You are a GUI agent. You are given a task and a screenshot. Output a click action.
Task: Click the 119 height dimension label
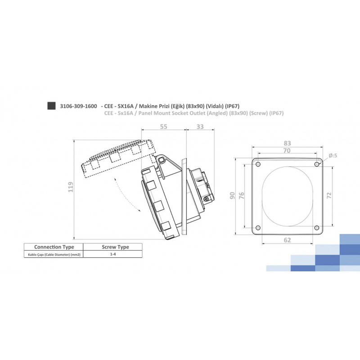pyautogui.click(x=71, y=187)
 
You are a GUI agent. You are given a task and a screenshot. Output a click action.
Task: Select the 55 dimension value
pyautogui.click(x=163, y=127)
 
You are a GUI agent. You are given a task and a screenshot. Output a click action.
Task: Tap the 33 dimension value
pyautogui.click(x=200, y=127)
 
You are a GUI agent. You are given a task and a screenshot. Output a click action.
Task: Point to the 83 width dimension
pyautogui.click(x=287, y=143)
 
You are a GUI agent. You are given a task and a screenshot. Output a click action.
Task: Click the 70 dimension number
pyautogui.click(x=287, y=151)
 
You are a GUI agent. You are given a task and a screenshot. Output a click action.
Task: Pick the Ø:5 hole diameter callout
pyautogui.click(x=333, y=156)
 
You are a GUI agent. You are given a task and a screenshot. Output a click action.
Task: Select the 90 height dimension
pyautogui.click(x=232, y=196)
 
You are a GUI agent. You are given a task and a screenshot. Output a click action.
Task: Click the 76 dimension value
pyautogui.click(x=241, y=196)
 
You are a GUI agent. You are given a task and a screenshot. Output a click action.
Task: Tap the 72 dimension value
pyautogui.click(x=329, y=196)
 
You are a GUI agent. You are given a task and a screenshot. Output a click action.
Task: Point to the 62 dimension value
pyautogui.click(x=287, y=240)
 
